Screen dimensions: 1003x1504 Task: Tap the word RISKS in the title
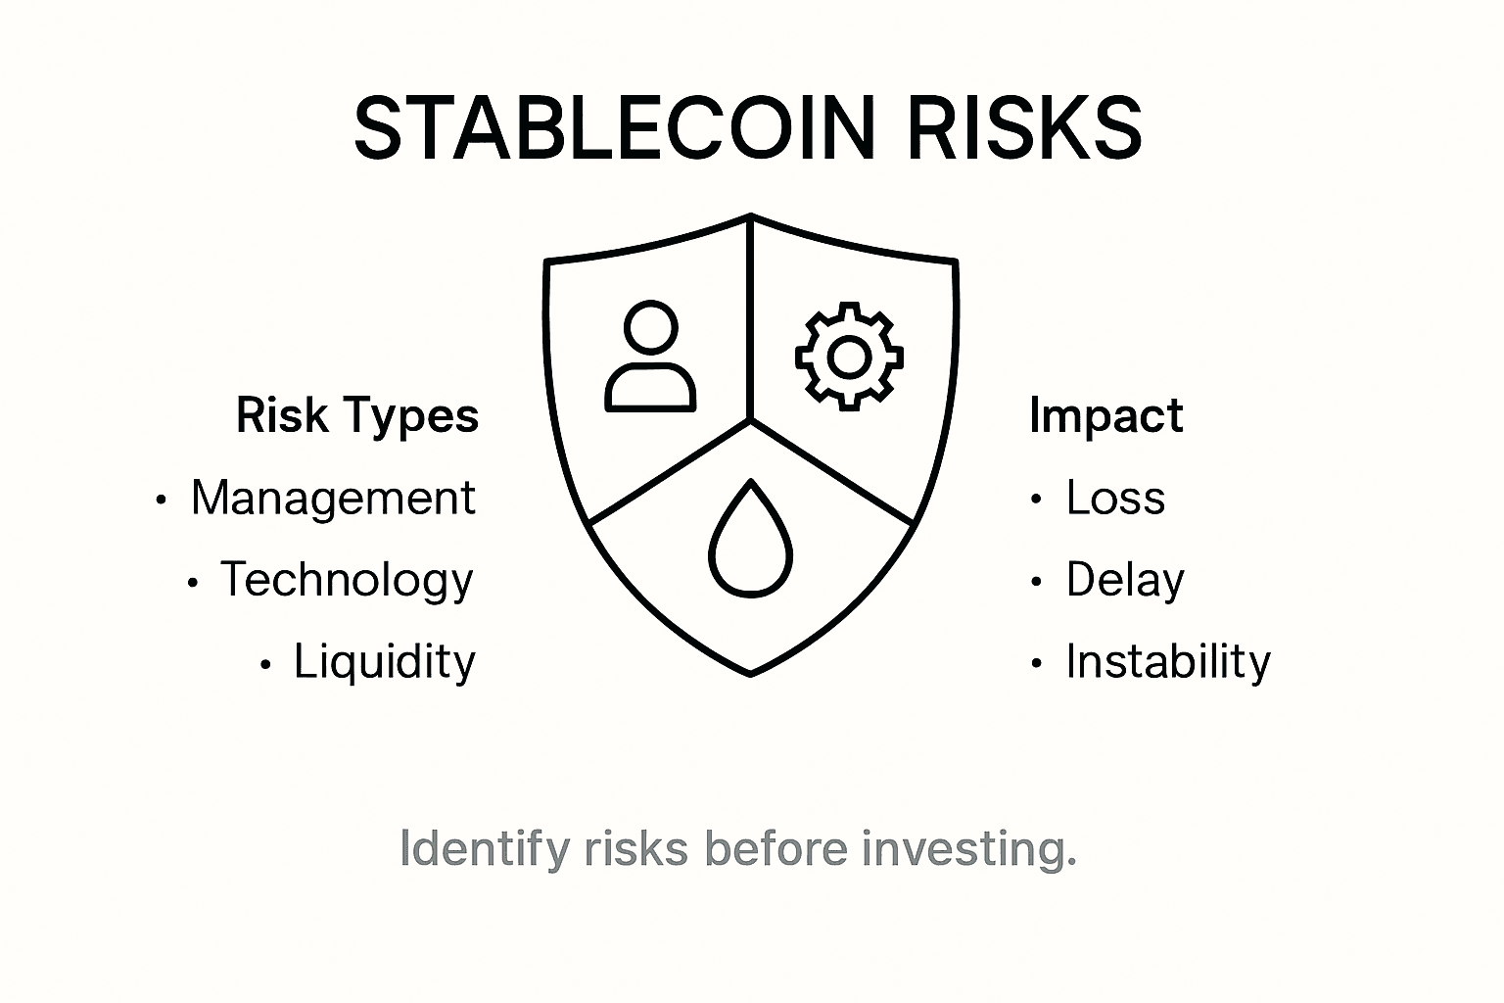(1024, 129)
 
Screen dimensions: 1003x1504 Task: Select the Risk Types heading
(357, 415)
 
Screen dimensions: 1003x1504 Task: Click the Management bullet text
(333, 498)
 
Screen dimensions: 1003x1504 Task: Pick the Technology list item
(347, 580)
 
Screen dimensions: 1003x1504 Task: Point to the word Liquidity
(385, 662)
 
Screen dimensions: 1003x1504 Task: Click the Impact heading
(1106, 417)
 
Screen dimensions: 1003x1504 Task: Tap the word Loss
(1115, 498)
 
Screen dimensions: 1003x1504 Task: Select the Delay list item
(1125, 580)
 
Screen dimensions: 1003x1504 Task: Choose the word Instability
(1168, 662)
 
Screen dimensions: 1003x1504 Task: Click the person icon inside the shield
(651, 358)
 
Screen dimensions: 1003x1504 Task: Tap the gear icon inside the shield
(848, 356)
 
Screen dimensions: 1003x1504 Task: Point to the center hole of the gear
(848, 357)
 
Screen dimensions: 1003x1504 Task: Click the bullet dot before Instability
(1036, 664)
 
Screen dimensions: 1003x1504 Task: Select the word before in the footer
(775, 848)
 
